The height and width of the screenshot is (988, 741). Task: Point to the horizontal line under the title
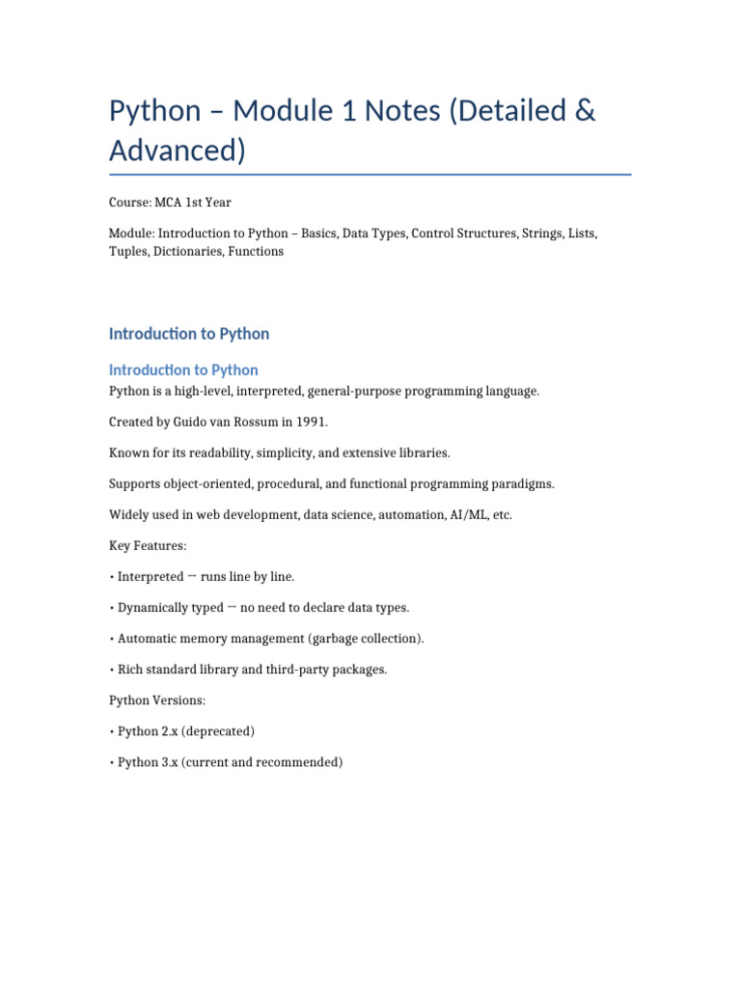370,175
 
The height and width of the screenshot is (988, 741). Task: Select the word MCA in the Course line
170,203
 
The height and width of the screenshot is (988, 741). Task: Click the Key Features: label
148,546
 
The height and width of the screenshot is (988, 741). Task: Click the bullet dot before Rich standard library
112,670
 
